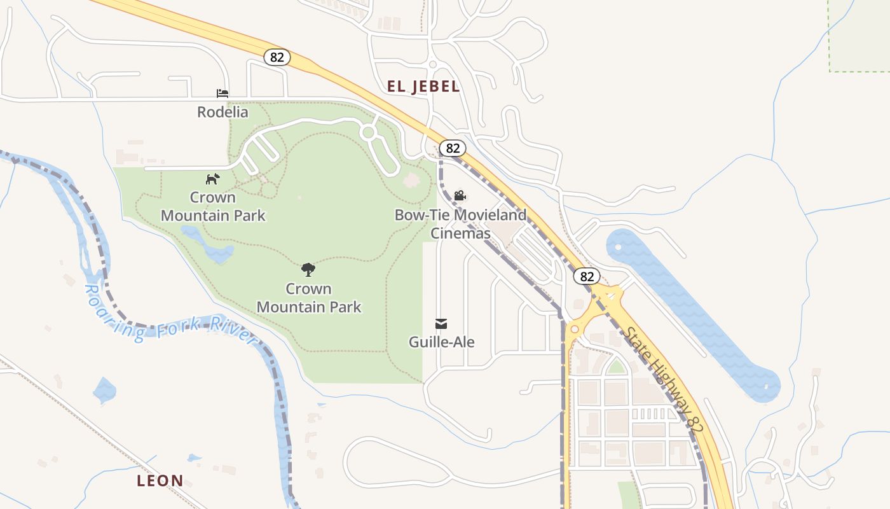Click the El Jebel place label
tap(423, 87)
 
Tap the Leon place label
tap(160, 480)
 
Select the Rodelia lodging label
tap(222, 112)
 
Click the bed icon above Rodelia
tap(222, 94)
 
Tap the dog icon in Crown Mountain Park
tap(212, 179)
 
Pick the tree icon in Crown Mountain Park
tap(308, 270)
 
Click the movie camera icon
tap(460, 195)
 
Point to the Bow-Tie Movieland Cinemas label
tap(461, 223)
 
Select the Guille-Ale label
tap(441, 342)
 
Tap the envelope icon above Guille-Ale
tap(441, 324)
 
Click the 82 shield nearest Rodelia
tap(277, 57)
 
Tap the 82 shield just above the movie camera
tap(453, 148)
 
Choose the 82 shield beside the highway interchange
tap(586, 276)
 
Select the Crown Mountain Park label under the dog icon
tap(213, 206)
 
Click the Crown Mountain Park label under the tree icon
tap(309, 298)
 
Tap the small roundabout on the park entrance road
tap(368, 132)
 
